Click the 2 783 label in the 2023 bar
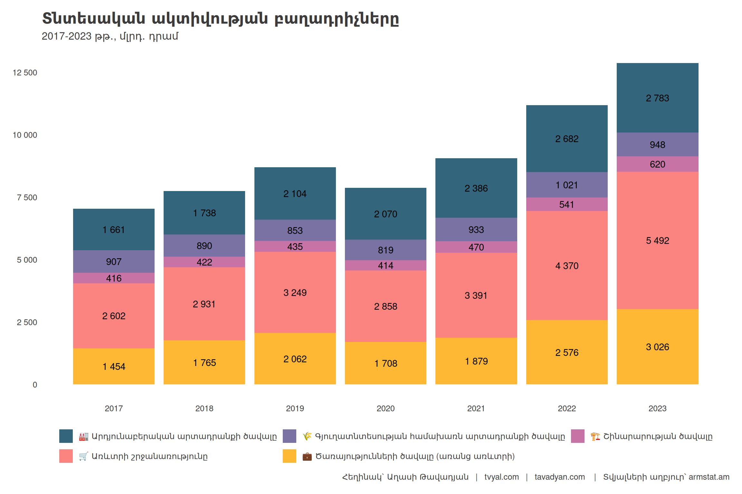[657, 98]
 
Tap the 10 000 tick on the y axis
[25, 135]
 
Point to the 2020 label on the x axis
[385, 408]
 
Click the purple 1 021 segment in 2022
[567, 185]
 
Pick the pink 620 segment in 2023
[657, 164]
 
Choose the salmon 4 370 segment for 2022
[567, 266]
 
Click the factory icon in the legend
[83, 436]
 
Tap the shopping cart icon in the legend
[83, 456]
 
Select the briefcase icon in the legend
[307, 456]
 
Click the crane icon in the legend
[595, 436]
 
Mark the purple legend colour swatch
[289, 436]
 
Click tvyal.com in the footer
[501, 477]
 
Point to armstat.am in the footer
[709, 477]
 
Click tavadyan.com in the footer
[560, 477]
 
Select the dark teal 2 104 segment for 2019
[295, 194]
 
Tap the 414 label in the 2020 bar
[385, 266]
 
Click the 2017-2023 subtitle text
[110, 36]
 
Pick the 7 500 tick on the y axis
[27, 197]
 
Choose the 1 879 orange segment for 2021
[476, 361]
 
